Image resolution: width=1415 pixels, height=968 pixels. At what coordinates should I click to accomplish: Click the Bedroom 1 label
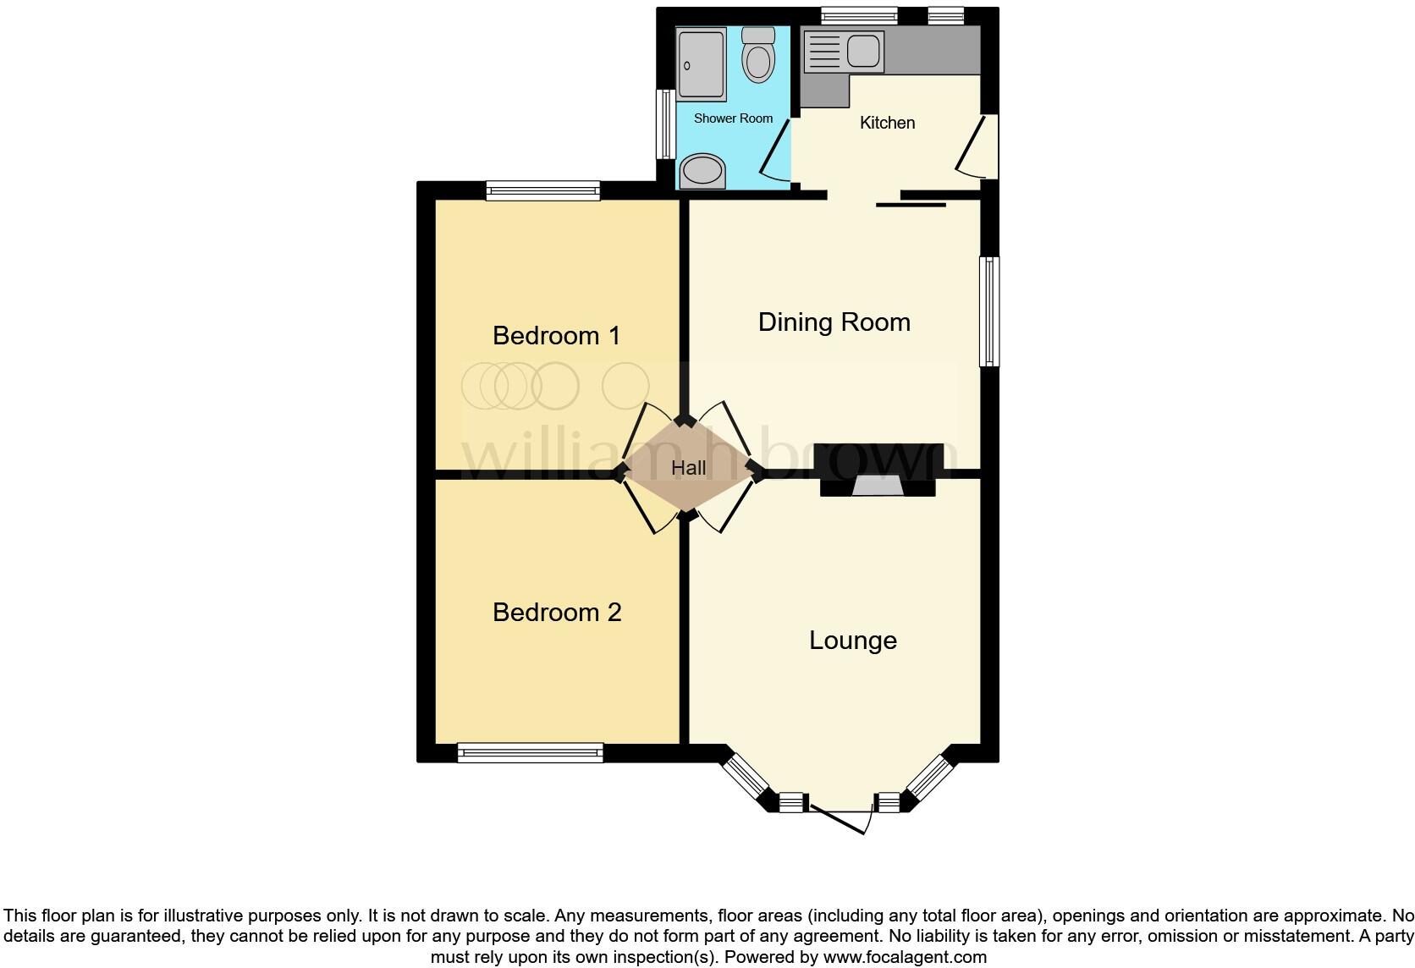tap(556, 336)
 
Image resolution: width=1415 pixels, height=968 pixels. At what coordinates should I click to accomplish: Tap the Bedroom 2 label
tap(556, 613)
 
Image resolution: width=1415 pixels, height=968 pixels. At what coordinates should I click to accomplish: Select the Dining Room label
tap(834, 322)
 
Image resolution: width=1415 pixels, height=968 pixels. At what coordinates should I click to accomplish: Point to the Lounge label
tap(852, 641)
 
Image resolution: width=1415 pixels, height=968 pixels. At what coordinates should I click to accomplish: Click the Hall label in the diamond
tap(688, 468)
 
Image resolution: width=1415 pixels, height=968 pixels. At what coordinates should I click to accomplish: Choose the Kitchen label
tap(887, 123)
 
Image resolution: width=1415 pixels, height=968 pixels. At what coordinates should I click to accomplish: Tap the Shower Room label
tap(733, 118)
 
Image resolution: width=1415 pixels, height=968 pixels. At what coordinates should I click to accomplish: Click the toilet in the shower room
tap(757, 55)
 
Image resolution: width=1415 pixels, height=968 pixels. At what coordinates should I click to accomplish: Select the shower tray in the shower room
tap(702, 64)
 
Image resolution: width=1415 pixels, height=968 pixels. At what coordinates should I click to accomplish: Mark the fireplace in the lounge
tap(878, 486)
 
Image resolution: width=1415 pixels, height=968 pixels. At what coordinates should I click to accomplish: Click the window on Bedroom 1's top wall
tap(542, 191)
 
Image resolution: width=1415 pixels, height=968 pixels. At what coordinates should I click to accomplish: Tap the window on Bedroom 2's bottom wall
tap(530, 752)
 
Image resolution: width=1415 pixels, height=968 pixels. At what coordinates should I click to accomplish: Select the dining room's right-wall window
tap(988, 311)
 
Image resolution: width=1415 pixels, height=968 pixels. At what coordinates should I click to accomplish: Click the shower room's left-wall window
tap(666, 124)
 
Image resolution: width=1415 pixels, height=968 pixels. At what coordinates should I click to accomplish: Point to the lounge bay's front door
tap(842, 817)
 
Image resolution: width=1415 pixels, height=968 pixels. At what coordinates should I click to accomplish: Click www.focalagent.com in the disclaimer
tap(905, 957)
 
